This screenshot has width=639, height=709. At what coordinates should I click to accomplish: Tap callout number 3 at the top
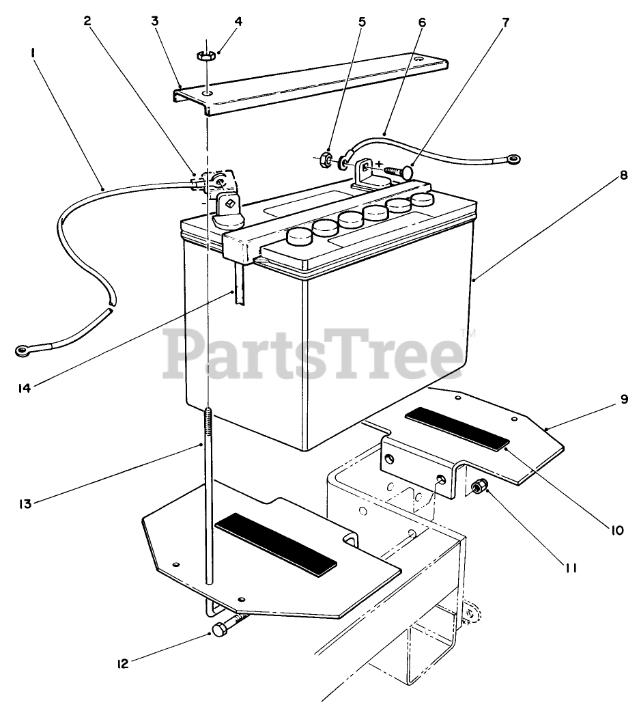(155, 20)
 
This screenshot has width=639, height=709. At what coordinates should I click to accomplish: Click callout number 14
(26, 389)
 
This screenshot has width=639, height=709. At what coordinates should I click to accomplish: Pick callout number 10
(618, 529)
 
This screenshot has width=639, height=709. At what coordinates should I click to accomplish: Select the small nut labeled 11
(478, 487)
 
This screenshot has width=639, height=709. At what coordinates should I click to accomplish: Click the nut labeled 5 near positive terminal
(327, 161)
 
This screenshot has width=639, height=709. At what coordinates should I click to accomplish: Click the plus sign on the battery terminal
(378, 164)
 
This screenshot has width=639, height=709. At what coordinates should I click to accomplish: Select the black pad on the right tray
(456, 429)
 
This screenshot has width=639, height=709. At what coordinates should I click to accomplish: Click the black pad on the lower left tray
(275, 543)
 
